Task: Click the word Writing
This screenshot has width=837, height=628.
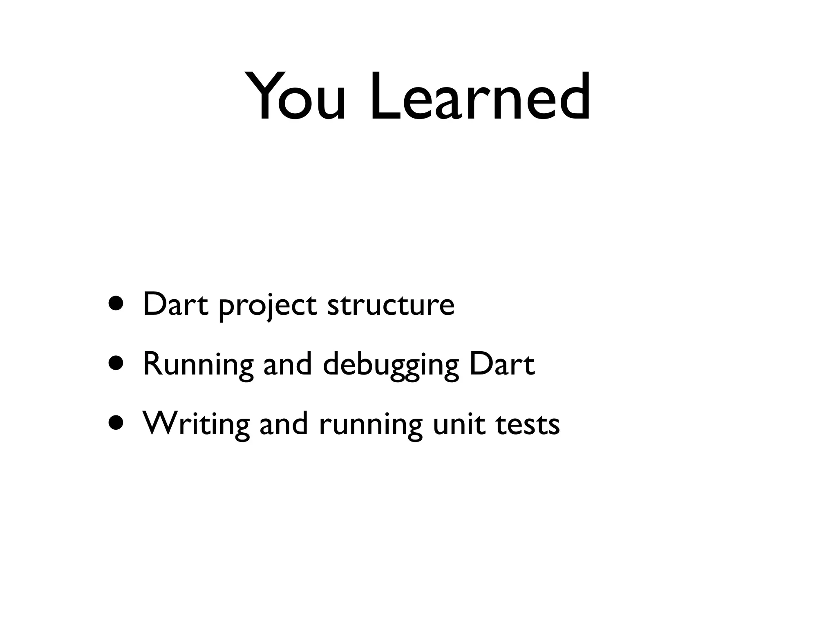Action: [196, 424]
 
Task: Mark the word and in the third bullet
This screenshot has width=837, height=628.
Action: [284, 423]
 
